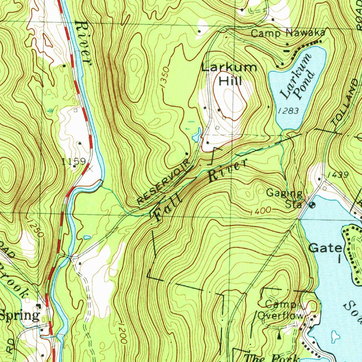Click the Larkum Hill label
click(x=229, y=74)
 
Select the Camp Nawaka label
click(x=288, y=33)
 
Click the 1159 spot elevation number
click(x=74, y=162)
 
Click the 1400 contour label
click(x=261, y=211)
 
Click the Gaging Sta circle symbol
click(x=312, y=205)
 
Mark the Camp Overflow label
click(x=280, y=310)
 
